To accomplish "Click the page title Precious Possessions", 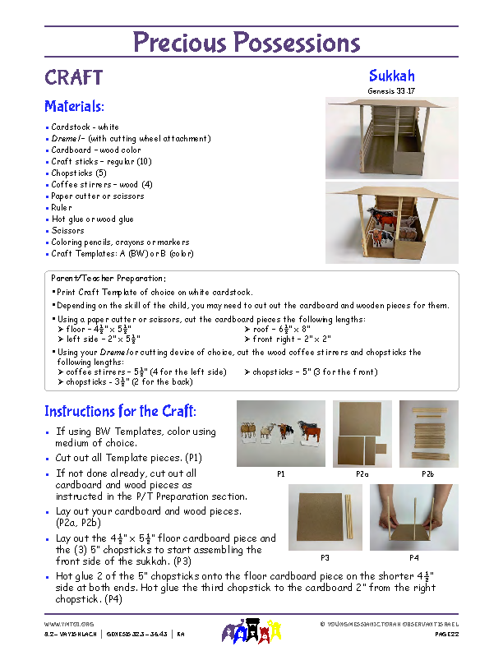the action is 247,42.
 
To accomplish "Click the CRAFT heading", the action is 73,77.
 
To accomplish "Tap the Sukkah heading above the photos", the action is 391,76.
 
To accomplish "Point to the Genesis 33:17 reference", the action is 391,90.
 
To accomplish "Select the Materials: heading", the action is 74,106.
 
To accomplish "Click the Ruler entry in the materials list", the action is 62,208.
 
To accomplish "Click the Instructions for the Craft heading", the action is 120,411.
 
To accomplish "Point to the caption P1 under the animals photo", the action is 280,474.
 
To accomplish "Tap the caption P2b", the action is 427,474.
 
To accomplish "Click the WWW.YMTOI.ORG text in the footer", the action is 63,625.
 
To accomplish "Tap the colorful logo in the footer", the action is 251,631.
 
